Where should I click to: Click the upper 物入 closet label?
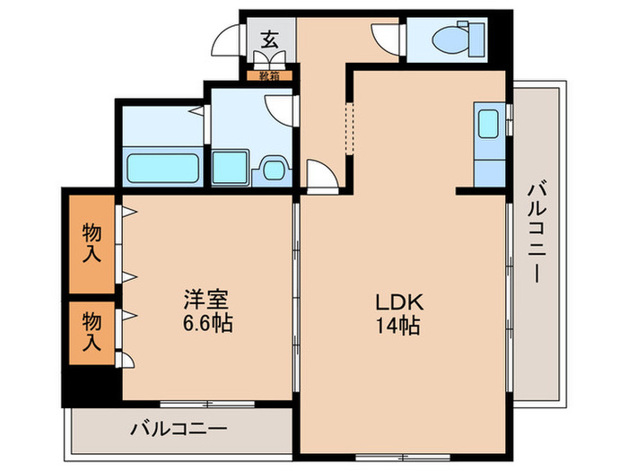tap(92, 242)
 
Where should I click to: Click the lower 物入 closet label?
tap(92, 331)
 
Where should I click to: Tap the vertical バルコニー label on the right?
tap(536, 233)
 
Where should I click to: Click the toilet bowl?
tap(445, 39)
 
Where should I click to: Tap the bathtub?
tap(161, 167)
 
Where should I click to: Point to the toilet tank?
tap(475, 39)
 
